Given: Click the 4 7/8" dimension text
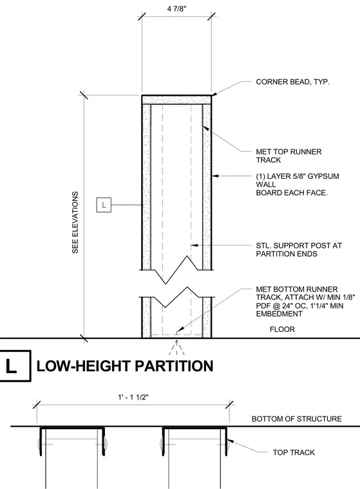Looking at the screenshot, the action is [176, 8].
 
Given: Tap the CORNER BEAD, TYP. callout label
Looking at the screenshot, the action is [292, 82].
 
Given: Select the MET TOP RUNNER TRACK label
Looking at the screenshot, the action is [289, 156].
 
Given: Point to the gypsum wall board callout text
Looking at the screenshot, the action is [298, 185].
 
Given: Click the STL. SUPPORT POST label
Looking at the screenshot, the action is [299, 250].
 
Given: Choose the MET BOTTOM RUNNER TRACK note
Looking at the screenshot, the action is [305, 302].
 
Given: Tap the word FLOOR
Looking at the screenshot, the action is [282, 329].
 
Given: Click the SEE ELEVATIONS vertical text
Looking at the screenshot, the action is [75, 223].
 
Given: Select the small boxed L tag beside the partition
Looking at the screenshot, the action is [104, 205].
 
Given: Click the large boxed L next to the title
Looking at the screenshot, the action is [14, 366].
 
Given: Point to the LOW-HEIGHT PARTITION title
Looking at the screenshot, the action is [125, 366].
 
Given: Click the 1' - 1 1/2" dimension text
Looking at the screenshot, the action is [133, 398].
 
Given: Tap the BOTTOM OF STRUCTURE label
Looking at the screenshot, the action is [297, 419].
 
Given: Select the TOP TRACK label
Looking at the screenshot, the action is [294, 452].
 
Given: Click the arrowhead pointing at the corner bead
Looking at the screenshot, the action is [214, 93].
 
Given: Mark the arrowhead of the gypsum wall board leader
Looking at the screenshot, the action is [215, 176].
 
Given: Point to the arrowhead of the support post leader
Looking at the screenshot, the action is [194, 245].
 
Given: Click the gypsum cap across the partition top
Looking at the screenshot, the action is [176, 100].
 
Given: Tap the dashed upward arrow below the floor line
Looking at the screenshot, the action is [176, 347].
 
